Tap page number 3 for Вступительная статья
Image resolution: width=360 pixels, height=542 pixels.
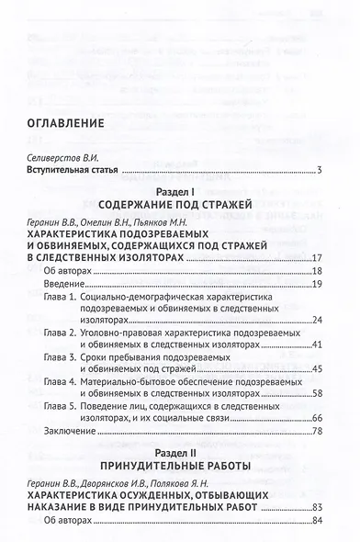318,171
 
